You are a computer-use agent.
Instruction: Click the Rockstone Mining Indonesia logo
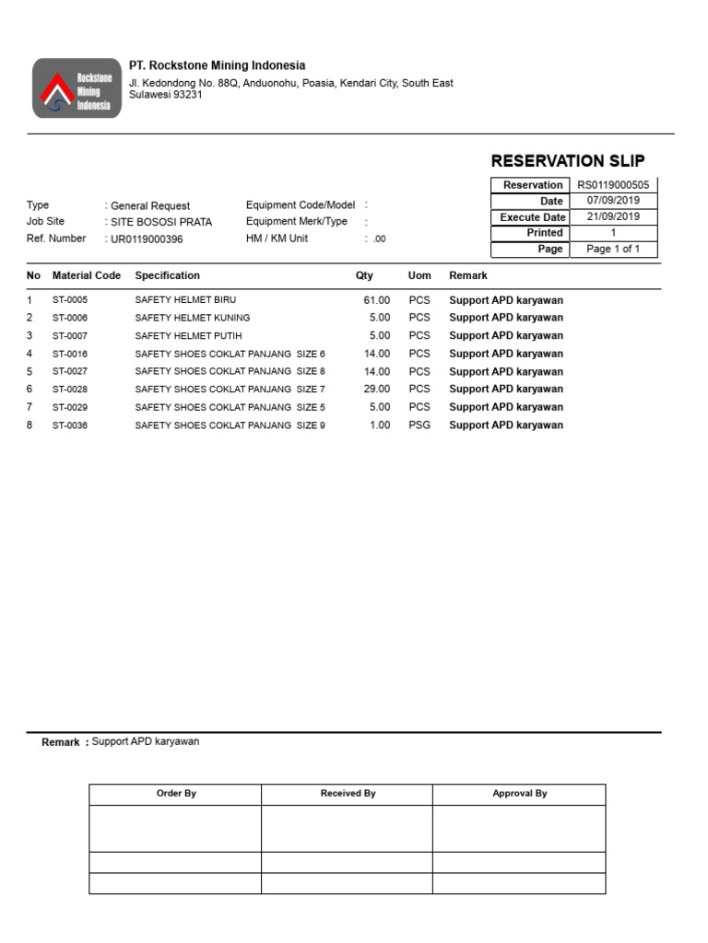77,88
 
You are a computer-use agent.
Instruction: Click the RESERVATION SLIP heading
568,160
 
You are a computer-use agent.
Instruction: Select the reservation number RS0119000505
613,185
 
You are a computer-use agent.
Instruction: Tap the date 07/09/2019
613,201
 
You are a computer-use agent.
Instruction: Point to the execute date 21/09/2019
613,217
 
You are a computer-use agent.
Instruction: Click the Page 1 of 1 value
613,250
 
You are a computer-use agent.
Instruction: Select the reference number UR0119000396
147,239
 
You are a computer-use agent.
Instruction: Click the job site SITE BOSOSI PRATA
161,223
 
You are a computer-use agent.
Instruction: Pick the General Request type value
150,206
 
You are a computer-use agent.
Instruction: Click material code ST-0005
70,300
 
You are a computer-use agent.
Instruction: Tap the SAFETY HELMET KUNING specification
192,318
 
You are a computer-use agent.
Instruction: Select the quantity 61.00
376,300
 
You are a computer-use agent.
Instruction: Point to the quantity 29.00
376,390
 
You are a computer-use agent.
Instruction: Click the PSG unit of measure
419,425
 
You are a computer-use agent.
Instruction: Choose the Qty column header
364,275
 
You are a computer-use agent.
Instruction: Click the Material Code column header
87,275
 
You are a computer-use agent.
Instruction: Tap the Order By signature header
175,794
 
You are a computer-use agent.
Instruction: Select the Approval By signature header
519,794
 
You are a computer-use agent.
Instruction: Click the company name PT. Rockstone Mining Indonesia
217,65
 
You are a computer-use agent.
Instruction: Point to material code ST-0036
70,425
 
